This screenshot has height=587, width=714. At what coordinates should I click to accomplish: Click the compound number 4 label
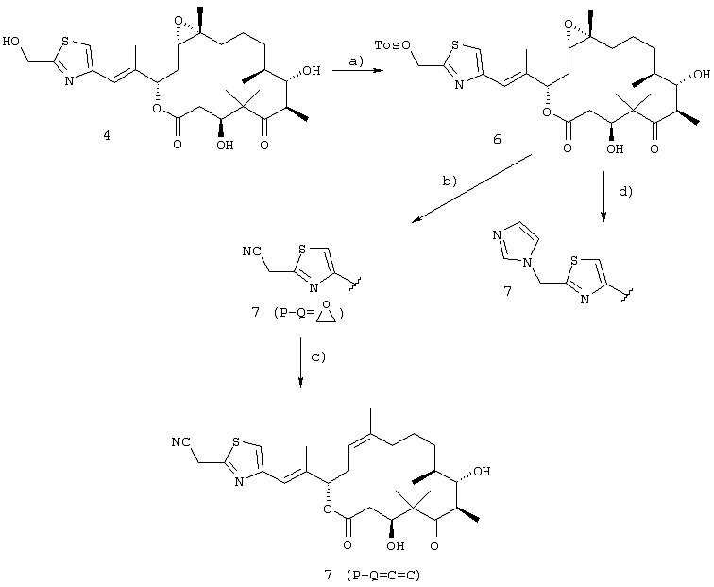pyautogui.click(x=107, y=135)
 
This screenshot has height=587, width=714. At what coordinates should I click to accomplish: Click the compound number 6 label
pyautogui.click(x=497, y=139)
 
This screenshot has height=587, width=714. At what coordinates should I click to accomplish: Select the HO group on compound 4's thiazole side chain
pyautogui.click(x=11, y=42)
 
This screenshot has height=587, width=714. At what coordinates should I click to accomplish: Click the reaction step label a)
pyautogui.click(x=356, y=61)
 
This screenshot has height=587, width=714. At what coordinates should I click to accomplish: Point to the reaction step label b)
pyautogui.click(x=449, y=181)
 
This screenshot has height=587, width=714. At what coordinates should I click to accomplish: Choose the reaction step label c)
pyautogui.click(x=318, y=357)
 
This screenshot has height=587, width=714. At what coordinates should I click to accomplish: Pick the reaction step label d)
pyautogui.click(x=625, y=191)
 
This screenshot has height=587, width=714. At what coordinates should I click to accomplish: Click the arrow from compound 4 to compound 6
pyautogui.click(x=358, y=71)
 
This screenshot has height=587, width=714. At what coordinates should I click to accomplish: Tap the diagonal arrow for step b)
pyautogui.click(x=472, y=189)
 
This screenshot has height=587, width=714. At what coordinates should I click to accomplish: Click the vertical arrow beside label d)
pyautogui.click(x=603, y=197)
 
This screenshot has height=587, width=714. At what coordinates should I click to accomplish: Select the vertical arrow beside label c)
pyautogui.click(x=300, y=362)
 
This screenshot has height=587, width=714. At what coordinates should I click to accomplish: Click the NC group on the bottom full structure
pyautogui.click(x=180, y=442)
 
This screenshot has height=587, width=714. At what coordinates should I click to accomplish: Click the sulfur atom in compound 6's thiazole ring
pyautogui.click(x=455, y=45)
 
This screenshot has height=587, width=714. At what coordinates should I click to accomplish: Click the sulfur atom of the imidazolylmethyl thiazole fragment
pyautogui.click(x=574, y=261)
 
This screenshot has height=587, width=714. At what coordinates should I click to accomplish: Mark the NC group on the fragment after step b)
pyautogui.click(x=252, y=251)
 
